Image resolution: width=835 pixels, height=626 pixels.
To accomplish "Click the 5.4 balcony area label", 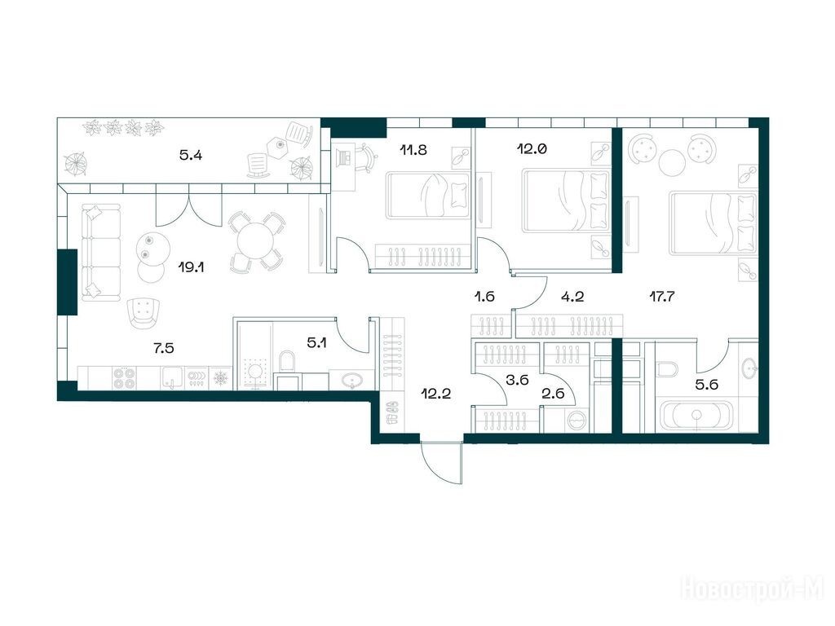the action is pyautogui.click(x=190, y=156).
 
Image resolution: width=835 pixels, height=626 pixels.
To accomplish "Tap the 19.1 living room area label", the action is pyautogui.click(x=191, y=267).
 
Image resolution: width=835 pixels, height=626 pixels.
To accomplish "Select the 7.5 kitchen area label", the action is pyautogui.click(x=163, y=348).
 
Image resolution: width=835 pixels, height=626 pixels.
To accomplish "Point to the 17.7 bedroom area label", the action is pyautogui.click(x=662, y=297).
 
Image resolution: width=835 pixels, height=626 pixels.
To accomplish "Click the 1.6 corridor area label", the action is pyautogui.click(x=484, y=297).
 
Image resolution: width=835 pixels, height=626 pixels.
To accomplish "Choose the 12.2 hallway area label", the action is pyautogui.click(x=436, y=394).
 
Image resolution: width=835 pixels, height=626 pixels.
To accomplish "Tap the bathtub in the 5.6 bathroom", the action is pyautogui.click(x=696, y=415).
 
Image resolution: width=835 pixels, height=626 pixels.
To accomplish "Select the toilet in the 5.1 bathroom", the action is pyautogui.click(x=286, y=360).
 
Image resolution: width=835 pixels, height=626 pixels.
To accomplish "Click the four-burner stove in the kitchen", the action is pyautogui.click(x=126, y=378).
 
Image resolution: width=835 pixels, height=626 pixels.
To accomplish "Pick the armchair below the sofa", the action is pyautogui.click(x=144, y=312).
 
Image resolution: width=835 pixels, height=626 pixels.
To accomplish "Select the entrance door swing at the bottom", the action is pyautogui.click(x=441, y=462).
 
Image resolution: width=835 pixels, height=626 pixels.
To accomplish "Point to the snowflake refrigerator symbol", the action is pyautogui.click(x=219, y=378).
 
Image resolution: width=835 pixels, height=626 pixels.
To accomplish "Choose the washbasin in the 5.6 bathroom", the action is pyautogui.click(x=750, y=367).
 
